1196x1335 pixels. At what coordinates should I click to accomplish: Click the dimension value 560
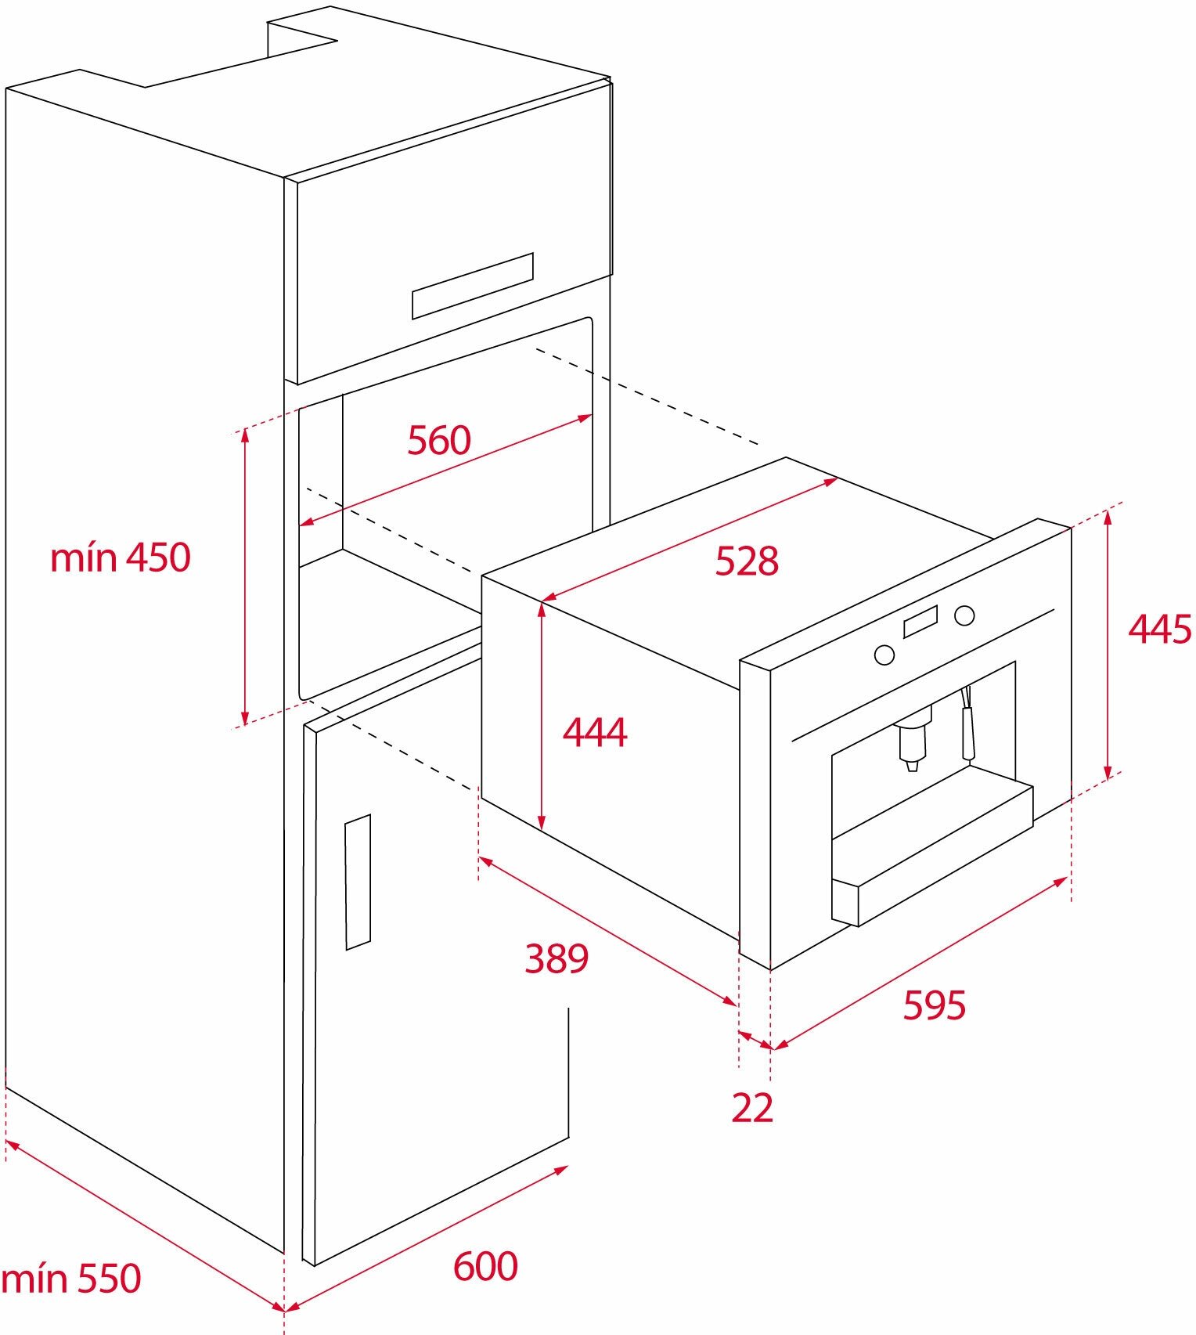click(x=439, y=440)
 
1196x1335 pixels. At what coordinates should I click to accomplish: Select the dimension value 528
click(x=747, y=561)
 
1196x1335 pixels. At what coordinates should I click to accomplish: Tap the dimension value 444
click(x=595, y=733)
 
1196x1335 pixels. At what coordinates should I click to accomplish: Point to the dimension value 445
click(x=1160, y=629)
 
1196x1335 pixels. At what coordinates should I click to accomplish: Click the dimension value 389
click(x=557, y=958)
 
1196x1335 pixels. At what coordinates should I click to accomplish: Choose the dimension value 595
click(x=935, y=1005)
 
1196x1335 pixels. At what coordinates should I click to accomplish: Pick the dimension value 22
click(x=752, y=1108)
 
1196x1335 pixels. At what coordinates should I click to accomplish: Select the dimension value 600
click(x=485, y=1266)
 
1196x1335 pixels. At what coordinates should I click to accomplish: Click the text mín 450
click(x=121, y=558)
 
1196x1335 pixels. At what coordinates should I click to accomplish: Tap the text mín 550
click(x=71, y=1279)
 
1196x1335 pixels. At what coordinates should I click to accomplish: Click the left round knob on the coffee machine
click(x=884, y=655)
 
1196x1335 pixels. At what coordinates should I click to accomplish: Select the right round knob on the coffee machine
click(x=964, y=615)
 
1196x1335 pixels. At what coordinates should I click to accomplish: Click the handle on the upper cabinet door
click(x=473, y=286)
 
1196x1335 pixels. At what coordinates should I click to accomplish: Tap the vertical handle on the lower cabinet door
click(x=358, y=882)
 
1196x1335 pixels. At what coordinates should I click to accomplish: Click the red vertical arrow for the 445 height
click(x=1108, y=644)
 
